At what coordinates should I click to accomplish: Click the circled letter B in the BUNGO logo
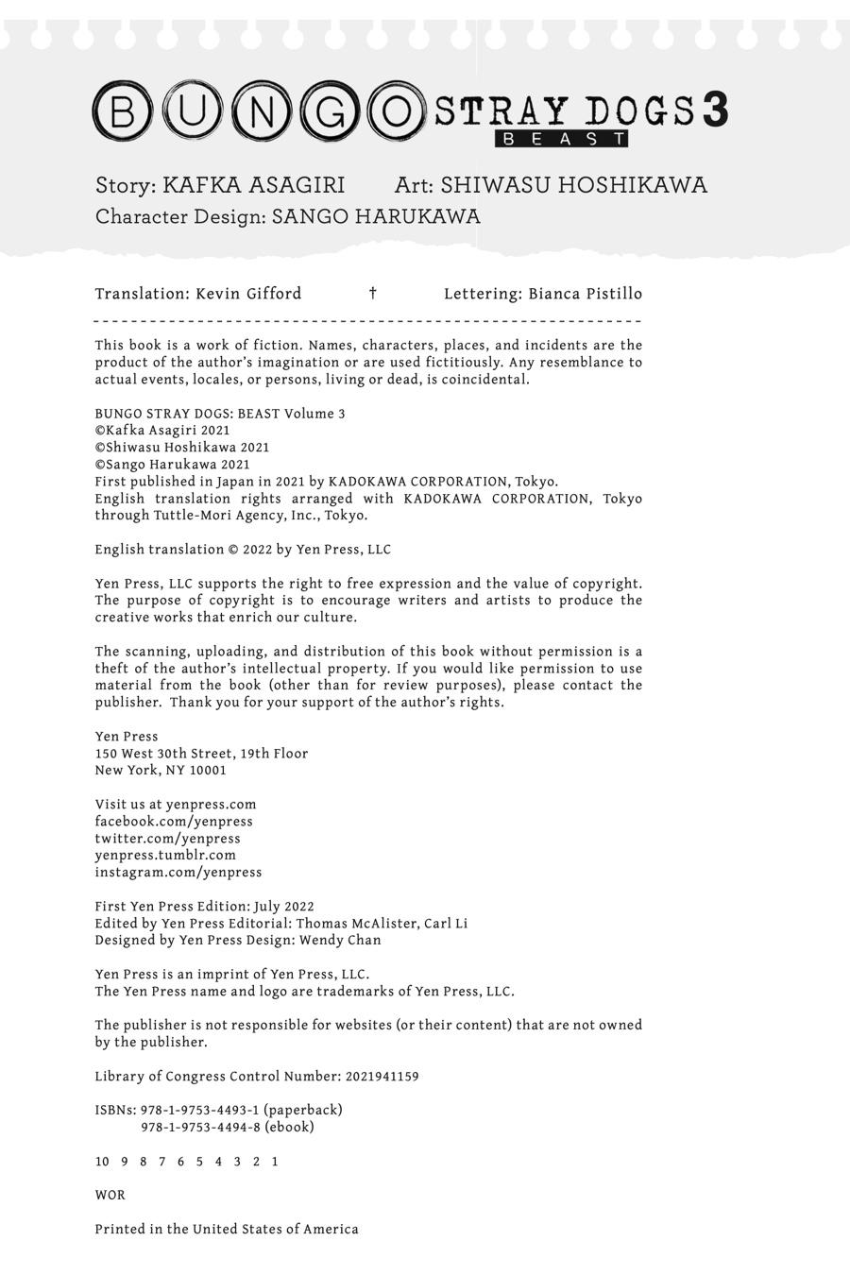pyautogui.click(x=123, y=111)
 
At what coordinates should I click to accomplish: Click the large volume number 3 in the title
pyautogui.click(x=715, y=110)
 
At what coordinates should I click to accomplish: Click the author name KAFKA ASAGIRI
pyautogui.click(x=254, y=185)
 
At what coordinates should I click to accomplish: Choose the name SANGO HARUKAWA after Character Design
pyautogui.click(x=376, y=217)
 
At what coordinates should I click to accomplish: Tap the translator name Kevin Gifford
pyautogui.click(x=248, y=294)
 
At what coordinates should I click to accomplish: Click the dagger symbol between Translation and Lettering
pyautogui.click(x=373, y=294)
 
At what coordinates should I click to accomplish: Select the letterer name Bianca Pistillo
pyautogui.click(x=585, y=294)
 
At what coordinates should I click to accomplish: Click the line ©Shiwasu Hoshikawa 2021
pyautogui.click(x=182, y=448)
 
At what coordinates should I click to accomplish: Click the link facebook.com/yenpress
pyautogui.click(x=174, y=822)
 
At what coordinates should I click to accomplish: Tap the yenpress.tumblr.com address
pyautogui.click(x=165, y=856)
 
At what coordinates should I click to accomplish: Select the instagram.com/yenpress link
pyautogui.click(x=178, y=873)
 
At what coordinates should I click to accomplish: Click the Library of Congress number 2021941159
pyautogui.click(x=382, y=1077)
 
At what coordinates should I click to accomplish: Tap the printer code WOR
pyautogui.click(x=110, y=1196)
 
